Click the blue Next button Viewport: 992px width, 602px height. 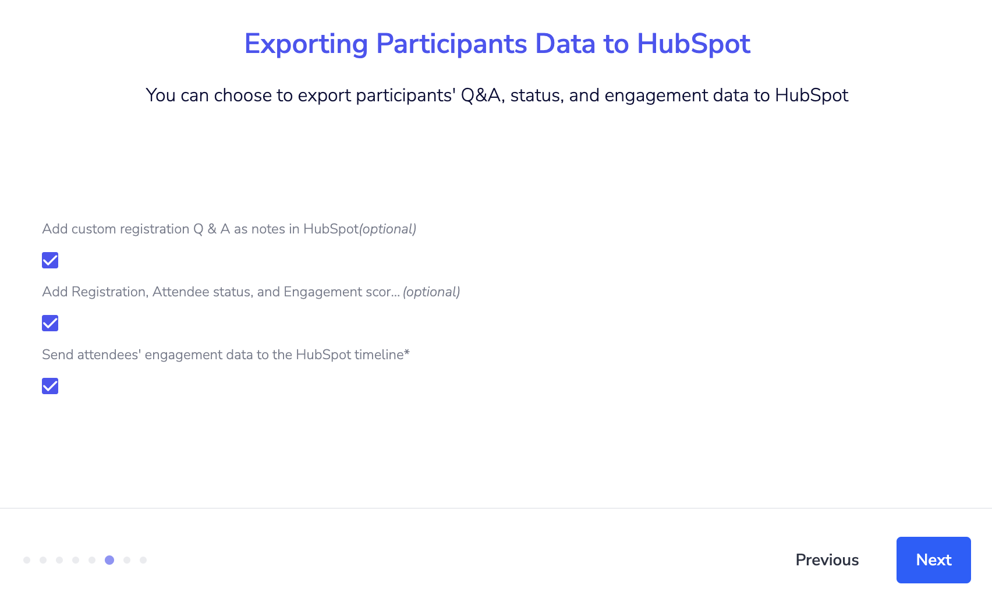click(x=933, y=560)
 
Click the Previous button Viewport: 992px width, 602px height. click(x=827, y=560)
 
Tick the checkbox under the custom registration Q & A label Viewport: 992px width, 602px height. click(x=50, y=260)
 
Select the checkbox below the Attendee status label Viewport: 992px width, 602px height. click(x=50, y=323)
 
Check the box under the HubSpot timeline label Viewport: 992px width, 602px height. click(x=50, y=386)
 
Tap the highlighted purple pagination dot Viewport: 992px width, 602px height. click(x=109, y=560)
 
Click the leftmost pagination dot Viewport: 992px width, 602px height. click(x=27, y=560)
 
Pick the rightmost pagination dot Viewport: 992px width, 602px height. click(x=143, y=560)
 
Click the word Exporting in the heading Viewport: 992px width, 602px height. click(x=306, y=44)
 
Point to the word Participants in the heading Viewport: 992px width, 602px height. click(x=451, y=44)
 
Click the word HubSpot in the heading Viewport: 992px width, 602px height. click(x=693, y=44)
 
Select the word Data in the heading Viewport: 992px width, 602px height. click(x=565, y=44)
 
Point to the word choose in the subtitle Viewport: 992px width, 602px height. click(x=243, y=95)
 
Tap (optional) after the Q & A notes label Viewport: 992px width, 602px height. click(x=388, y=229)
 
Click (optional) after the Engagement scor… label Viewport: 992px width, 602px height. click(x=431, y=292)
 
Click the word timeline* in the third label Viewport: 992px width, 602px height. click(x=382, y=355)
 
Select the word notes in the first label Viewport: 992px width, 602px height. click(x=268, y=229)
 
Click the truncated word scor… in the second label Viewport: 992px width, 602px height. click(x=382, y=292)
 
